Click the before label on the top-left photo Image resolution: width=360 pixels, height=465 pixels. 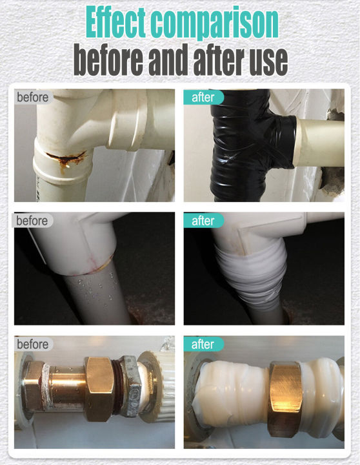[32, 98]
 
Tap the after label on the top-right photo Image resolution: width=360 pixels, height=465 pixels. [203, 98]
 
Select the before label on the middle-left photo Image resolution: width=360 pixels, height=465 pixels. [32, 221]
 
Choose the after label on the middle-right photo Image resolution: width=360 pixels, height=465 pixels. [203, 221]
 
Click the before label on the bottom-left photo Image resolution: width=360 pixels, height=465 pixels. [32, 344]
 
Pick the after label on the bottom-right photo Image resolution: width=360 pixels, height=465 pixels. [203, 344]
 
